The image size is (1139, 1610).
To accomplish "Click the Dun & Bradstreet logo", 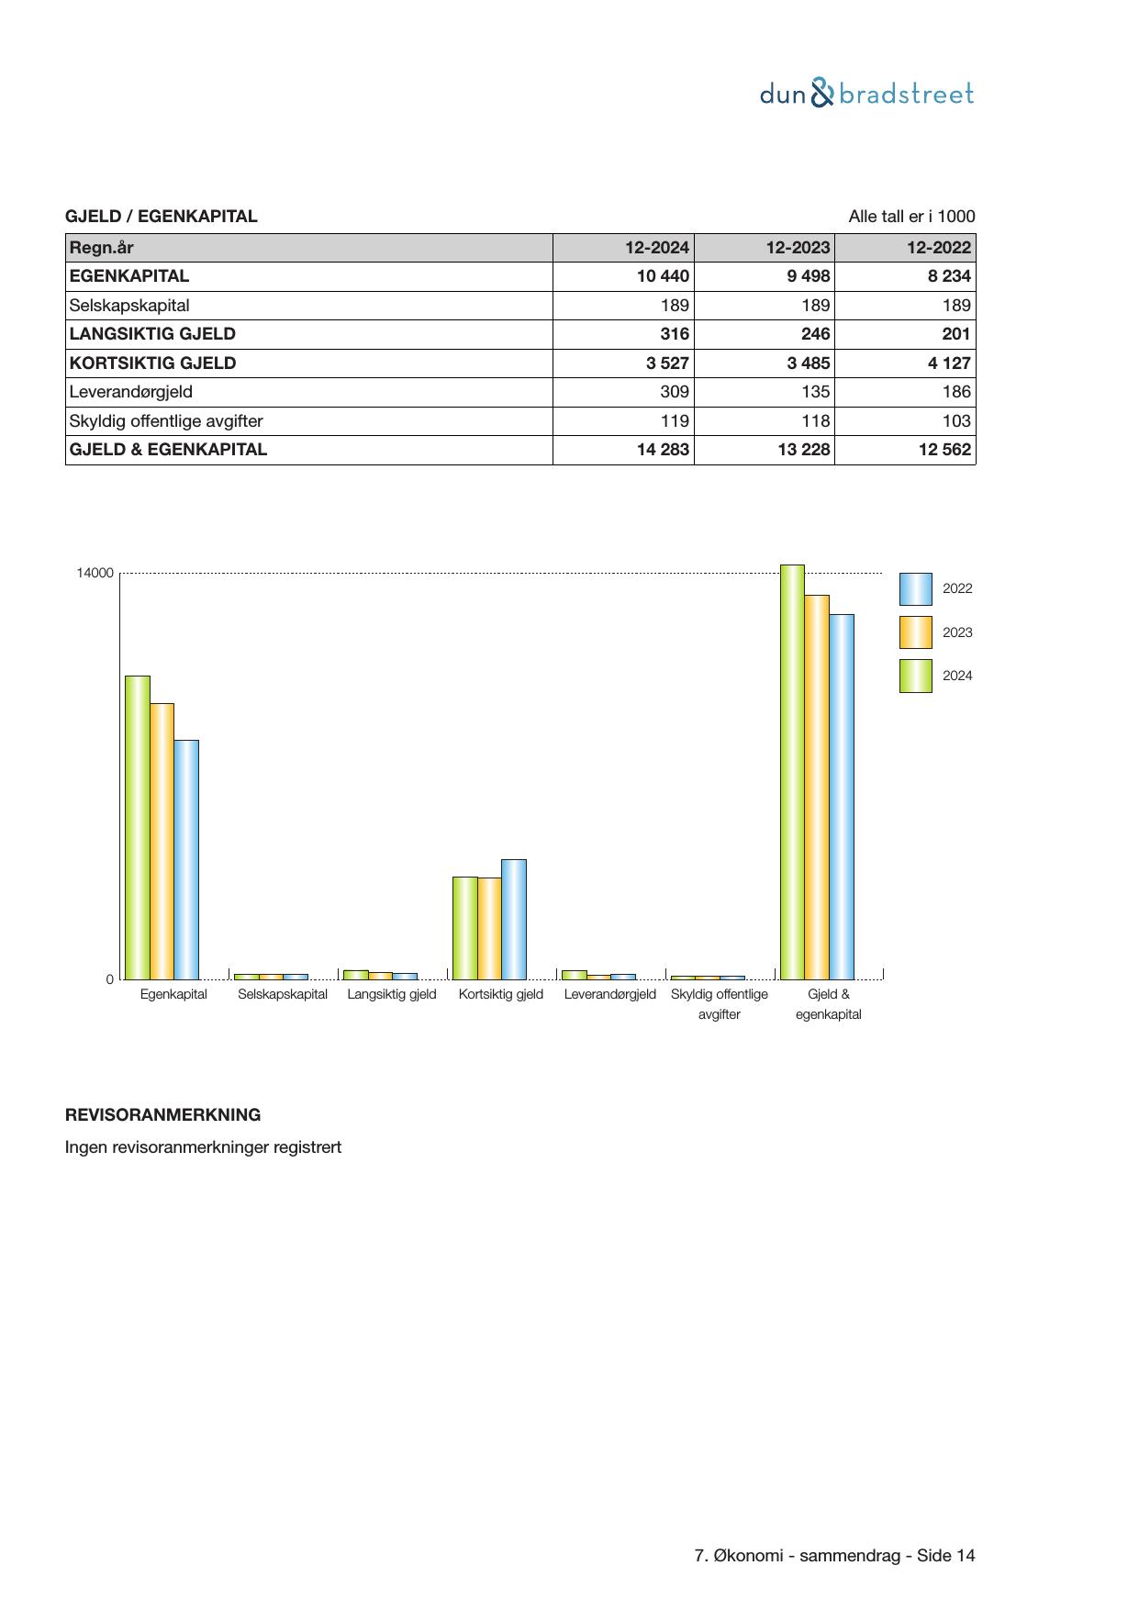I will click(866, 94).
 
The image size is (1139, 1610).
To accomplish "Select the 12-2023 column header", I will click(798, 248).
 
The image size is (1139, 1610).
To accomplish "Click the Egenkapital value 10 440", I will click(663, 276).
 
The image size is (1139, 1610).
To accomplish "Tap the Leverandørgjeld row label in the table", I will click(131, 392).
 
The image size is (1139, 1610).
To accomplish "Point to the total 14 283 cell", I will click(663, 450).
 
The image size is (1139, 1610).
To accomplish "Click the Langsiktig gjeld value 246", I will click(815, 334).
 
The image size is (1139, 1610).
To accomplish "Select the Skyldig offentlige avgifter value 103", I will click(955, 421).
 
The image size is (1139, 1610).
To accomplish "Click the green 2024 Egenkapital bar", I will click(138, 826).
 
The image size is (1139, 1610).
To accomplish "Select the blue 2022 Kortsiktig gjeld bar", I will click(514, 919).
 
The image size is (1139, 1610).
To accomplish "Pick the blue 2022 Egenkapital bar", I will click(186, 859).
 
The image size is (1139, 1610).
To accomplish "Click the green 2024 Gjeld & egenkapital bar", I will click(792, 772).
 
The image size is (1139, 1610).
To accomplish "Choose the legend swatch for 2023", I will click(915, 632).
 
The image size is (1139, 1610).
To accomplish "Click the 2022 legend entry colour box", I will click(915, 589).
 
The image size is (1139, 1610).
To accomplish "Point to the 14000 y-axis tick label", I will click(95, 574).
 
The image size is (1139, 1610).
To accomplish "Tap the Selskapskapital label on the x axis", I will click(283, 994).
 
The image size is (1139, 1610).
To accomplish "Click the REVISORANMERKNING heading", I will click(162, 1115).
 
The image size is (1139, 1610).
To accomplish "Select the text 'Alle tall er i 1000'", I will click(911, 217).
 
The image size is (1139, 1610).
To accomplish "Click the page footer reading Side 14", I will click(834, 1556).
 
